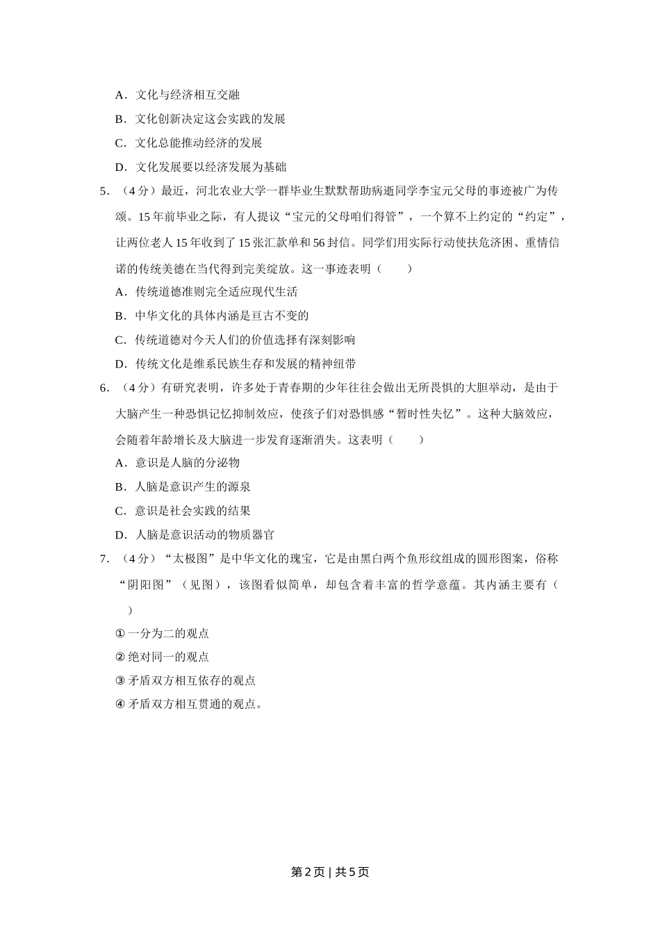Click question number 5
104,190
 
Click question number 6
104,388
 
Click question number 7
104,559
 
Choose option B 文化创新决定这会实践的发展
200,119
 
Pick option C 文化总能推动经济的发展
188,143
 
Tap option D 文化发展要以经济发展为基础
200,167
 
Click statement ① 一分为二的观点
162,634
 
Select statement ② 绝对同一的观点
162,657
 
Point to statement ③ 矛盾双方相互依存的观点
185,681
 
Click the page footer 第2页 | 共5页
329,872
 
